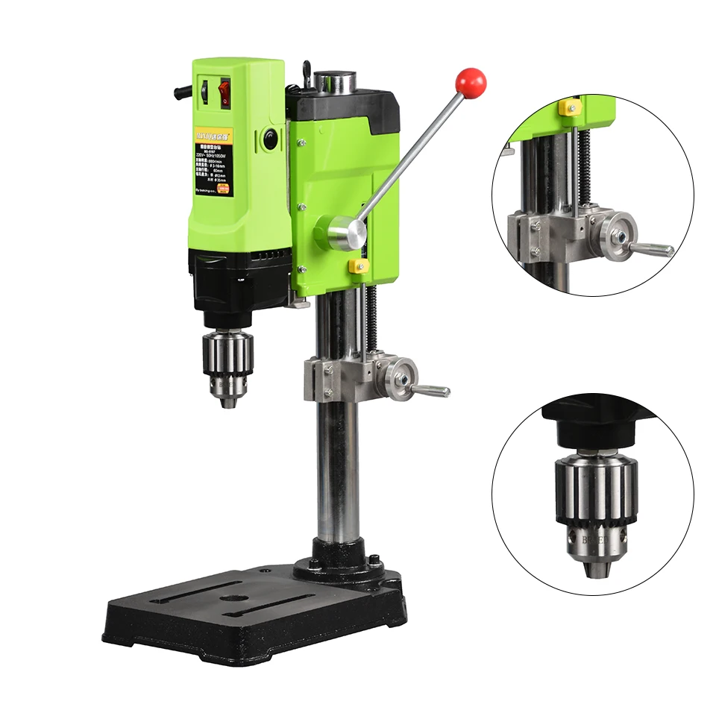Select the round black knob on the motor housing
[269, 139]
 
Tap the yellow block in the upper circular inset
[570, 107]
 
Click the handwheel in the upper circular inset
[620, 230]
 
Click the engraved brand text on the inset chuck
[596, 536]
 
